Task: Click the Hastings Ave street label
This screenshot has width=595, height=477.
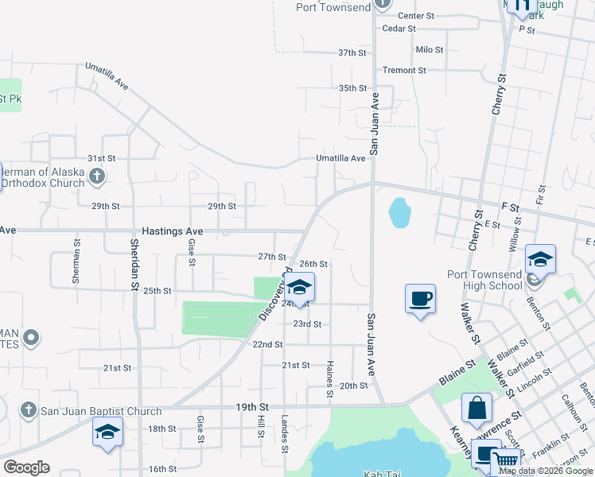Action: (x=173, y=231)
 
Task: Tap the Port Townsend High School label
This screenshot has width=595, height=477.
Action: (x=484, y=280)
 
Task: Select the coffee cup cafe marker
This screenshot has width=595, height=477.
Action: (x=420, y=299)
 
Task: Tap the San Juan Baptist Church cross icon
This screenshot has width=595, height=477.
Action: (x=27, y=410)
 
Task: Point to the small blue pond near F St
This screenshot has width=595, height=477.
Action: (x=399, y=212)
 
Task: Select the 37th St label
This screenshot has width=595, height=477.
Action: (x=352, y=52)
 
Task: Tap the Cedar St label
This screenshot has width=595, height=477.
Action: (x=399, y=29)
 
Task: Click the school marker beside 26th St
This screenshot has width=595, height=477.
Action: (x=300, y=287)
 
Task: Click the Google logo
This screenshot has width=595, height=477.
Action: (x=26, y=467)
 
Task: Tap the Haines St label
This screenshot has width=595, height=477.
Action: (x=329, y=379)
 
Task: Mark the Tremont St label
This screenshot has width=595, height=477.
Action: (x=404, y=70)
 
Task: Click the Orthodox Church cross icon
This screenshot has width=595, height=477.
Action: (x=97, y=176)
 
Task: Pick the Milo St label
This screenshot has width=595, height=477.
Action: (x=429, y=49)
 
